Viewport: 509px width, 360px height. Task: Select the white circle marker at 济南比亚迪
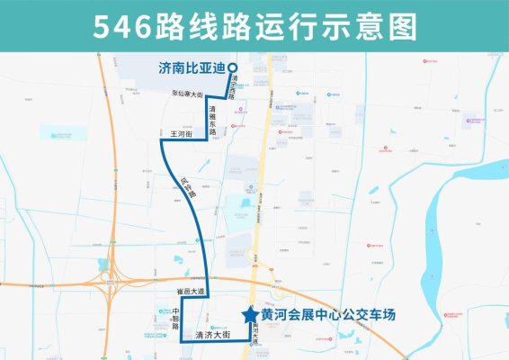click(231, 67)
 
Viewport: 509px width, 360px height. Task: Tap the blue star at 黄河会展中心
click(249, 314)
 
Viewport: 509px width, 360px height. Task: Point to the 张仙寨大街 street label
click(190, 92)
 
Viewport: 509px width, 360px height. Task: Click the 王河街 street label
click(183, 133)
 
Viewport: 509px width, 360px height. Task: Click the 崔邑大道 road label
click(191, 292)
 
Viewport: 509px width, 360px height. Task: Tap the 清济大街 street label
click(215, 334)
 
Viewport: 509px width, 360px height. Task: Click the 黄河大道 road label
click(255, 334)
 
